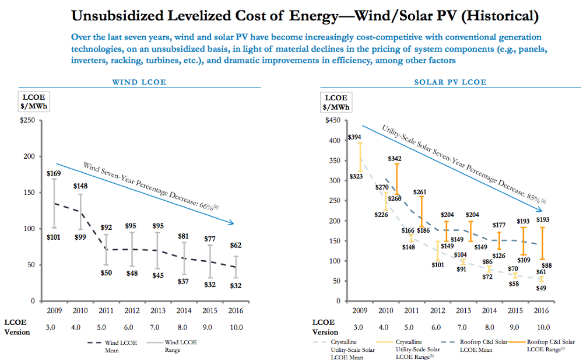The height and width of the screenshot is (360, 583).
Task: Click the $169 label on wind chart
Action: (54, 173)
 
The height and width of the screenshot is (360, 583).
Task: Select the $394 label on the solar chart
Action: (354, 137)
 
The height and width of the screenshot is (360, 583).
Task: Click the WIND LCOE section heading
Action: (139, 82)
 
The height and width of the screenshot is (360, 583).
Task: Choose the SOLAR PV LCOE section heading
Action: (450, 82)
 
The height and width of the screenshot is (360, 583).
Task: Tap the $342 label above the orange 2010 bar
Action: (395, 159)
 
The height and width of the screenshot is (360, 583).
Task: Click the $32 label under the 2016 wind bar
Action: (236, 286)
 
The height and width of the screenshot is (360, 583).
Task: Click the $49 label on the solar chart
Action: (542, 288)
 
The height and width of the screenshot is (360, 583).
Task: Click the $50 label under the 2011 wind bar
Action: (106, 273)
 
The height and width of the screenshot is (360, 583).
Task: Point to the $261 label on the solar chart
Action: (420, 192)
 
